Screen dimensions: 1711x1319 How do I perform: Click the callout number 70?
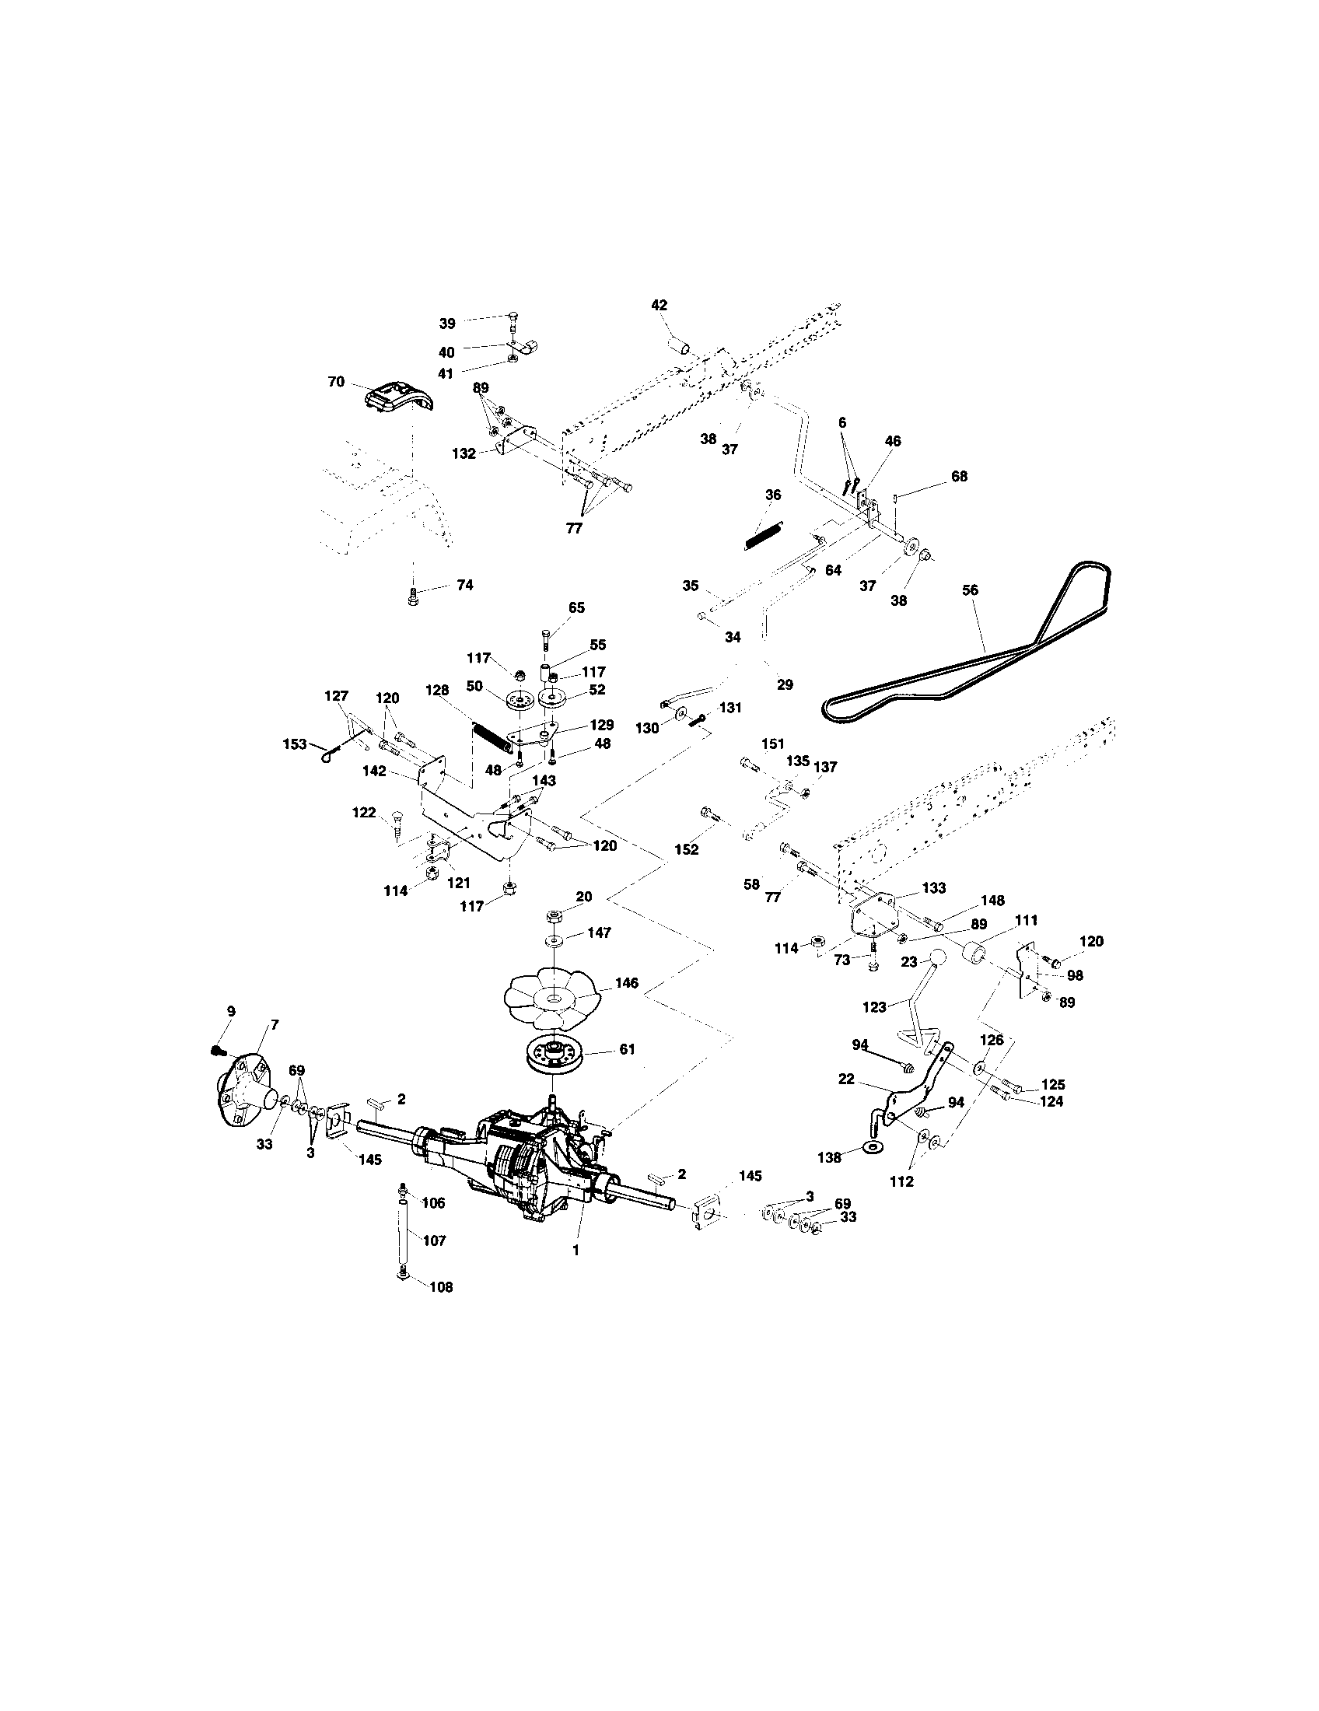pyautogui.click(x=336, y=383)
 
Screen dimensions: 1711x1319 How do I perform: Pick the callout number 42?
pyautogui.click(x=659, y=306)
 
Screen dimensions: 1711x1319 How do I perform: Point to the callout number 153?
pyautogui.click(x=296, y=744)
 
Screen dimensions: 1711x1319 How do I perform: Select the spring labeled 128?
pyautogui.click(x=491, y=737)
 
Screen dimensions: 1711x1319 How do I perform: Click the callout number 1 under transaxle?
pyautogui.click(x=576, y=1251)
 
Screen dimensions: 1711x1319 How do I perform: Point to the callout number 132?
pyautogui.click(x=464, y=453)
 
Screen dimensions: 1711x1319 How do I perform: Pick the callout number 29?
pyautogui.click(x=785, y=684)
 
